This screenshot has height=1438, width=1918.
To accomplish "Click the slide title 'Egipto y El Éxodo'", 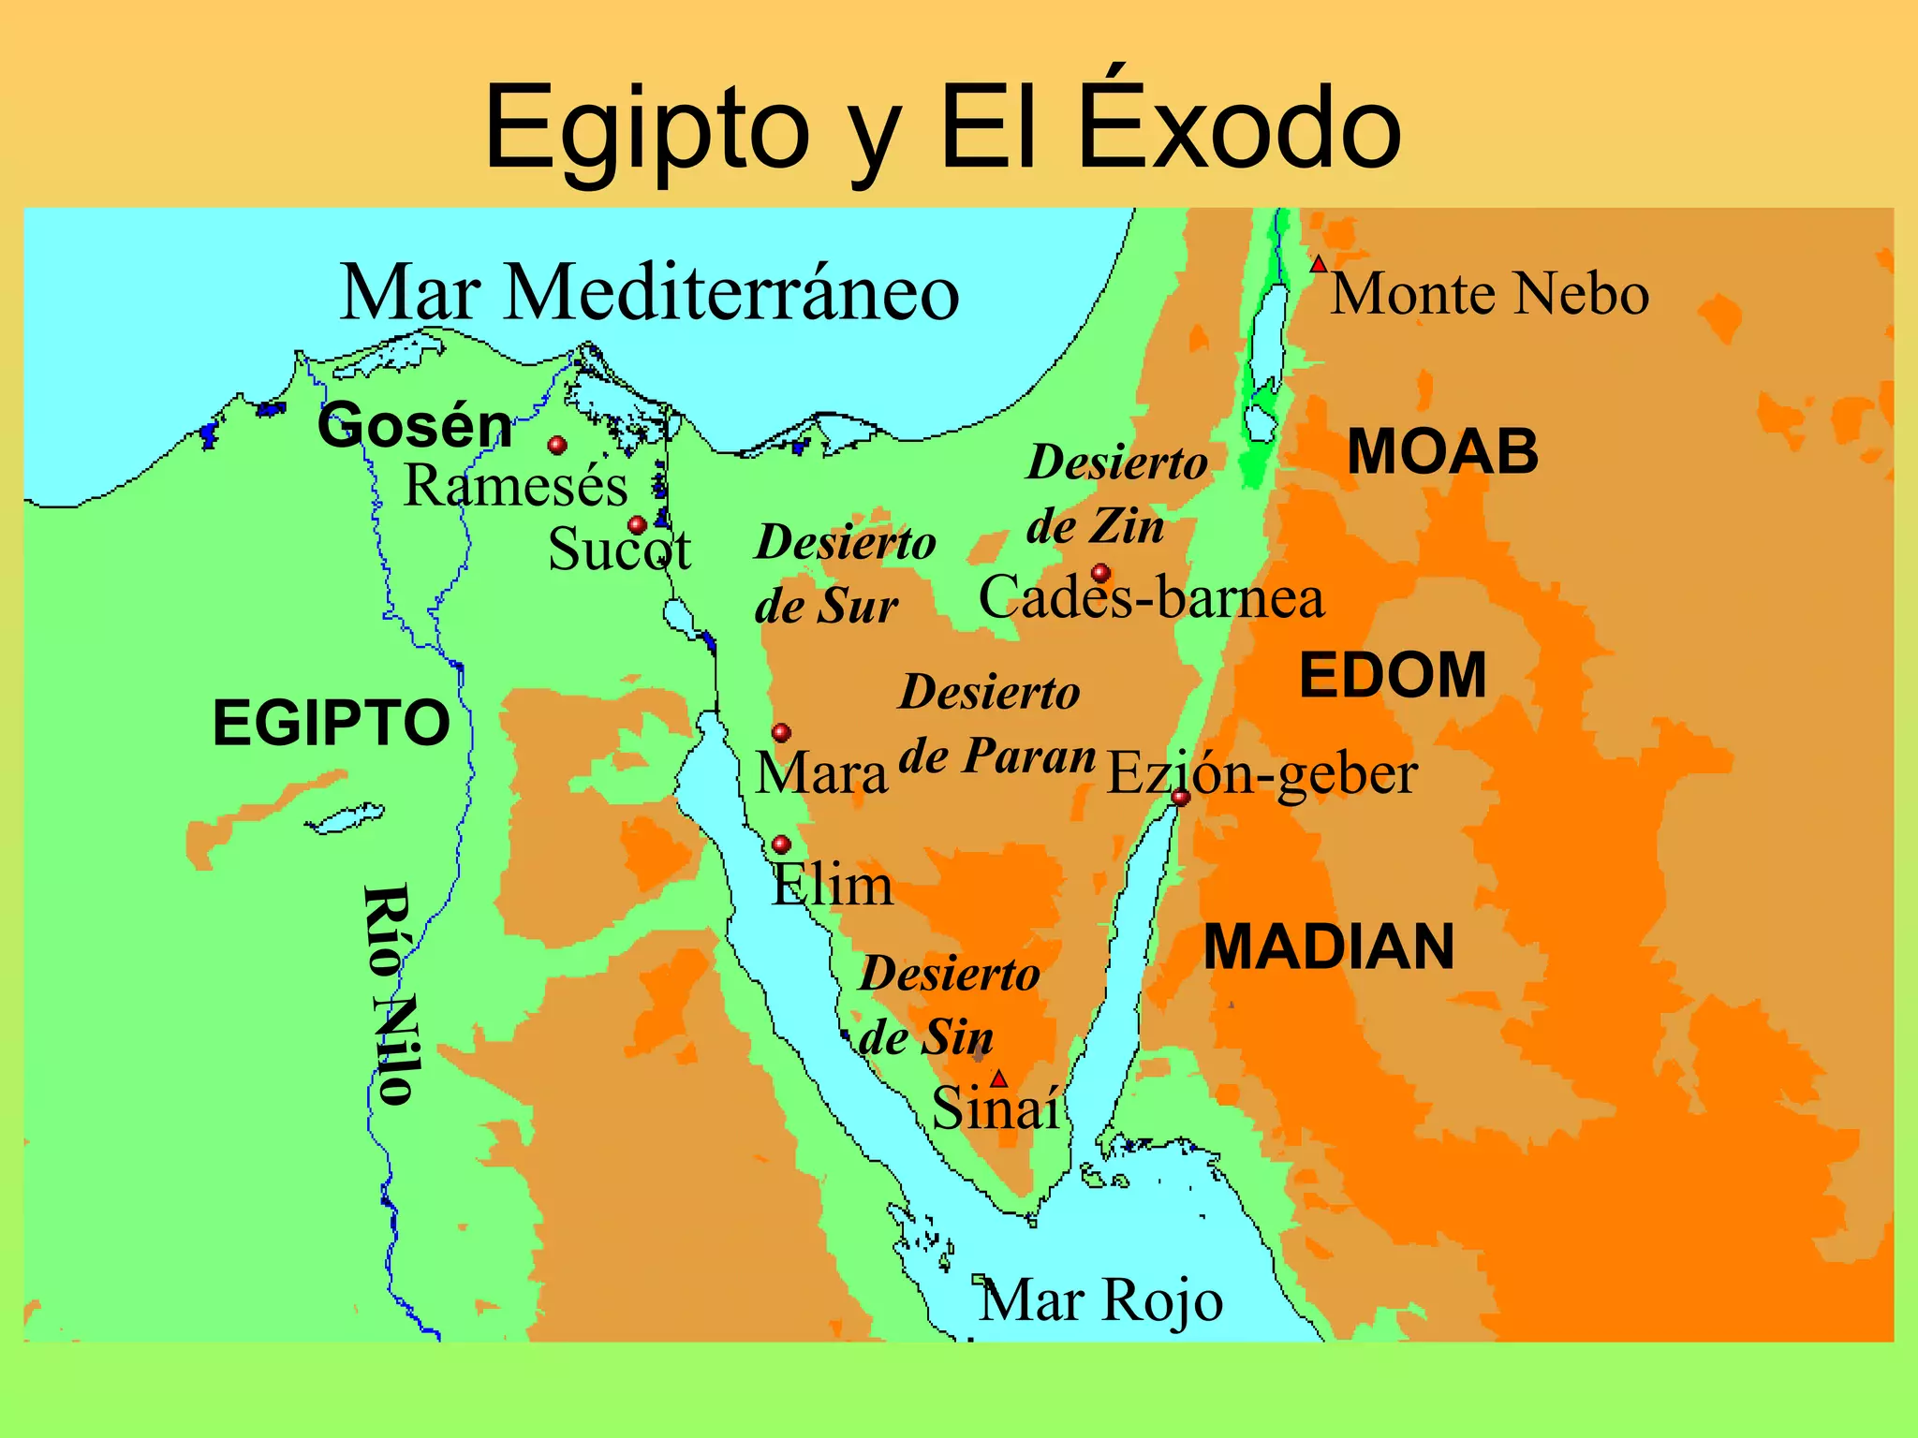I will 942,128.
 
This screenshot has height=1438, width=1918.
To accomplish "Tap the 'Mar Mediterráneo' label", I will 649,293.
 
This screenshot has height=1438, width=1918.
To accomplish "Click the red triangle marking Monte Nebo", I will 1318,265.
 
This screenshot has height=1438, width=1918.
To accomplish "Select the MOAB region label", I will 1442,452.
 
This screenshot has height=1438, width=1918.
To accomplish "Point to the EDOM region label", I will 1393,675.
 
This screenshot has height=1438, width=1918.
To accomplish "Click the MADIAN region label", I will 1328,946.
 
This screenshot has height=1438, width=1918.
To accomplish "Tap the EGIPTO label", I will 332,723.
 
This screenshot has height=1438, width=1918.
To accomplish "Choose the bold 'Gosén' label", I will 415,426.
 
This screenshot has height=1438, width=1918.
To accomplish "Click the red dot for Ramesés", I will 557,445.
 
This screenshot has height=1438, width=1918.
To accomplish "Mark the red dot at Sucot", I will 638,525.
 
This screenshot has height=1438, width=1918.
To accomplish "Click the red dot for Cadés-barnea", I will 1101,573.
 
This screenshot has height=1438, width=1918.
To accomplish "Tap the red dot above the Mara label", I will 781,732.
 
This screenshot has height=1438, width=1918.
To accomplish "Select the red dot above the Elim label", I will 781,844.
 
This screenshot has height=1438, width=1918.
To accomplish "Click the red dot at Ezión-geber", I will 1181,798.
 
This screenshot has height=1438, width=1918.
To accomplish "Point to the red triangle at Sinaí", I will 999,1078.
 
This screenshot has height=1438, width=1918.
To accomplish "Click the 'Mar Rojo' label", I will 1100,1300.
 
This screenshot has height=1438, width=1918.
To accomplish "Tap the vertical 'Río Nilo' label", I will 389,994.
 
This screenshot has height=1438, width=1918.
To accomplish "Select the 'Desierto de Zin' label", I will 1114,494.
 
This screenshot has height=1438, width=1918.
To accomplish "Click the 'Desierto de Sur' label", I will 843,574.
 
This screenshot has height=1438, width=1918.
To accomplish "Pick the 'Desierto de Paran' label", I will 995,724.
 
